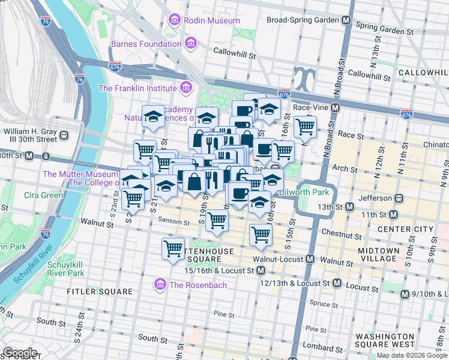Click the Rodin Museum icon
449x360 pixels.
(175, 20)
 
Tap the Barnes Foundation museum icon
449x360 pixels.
(191, 43)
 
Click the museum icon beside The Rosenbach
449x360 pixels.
(160, 284)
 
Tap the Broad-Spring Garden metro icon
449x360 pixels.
(346, 20)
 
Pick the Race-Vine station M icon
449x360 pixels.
(336, 108)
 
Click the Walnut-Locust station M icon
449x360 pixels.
(310, 259)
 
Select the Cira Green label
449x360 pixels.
(44, 195)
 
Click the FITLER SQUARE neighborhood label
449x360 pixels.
(99, 292)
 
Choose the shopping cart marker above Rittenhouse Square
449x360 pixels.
(173, 247)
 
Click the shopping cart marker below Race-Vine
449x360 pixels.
(305, 126)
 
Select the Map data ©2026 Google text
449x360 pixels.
(412, 355)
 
